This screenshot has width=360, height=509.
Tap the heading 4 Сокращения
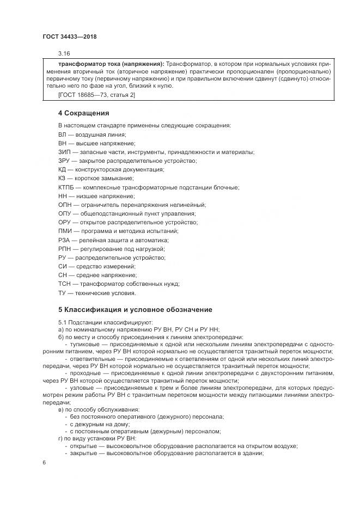click(84, 113)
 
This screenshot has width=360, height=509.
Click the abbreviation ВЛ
click(63, 134)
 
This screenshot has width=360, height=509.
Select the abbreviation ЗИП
click(64, 152)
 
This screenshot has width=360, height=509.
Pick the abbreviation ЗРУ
click(64, 161)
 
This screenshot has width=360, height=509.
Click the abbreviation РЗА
click(64, 240)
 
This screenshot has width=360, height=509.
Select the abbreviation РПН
click(65, 249)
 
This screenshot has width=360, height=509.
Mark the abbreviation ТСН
click(65, 284)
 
